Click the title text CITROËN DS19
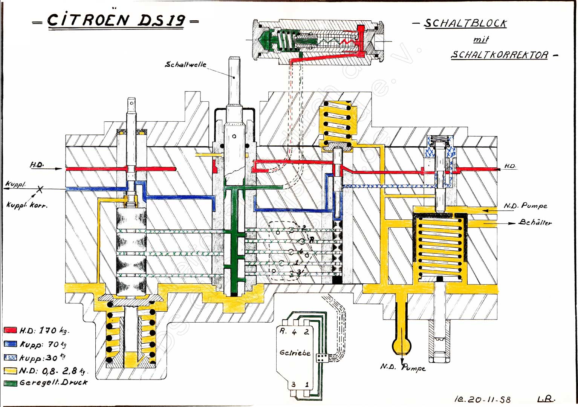tap(116, 20)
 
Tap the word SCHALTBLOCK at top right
tap(465, 23)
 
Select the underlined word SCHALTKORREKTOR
tap(500, 55)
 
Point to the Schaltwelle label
tap(186, 64)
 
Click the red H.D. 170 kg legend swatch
tap(10, 330)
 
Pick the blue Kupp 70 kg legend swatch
tap(10, 344)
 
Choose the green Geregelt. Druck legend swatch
tap(10, 383)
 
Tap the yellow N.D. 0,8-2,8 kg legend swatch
tap(10, 371)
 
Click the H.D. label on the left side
tap(37, 165)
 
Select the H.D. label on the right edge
tap(510, 166)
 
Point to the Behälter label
tap(535, 222)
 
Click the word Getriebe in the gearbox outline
tap(295, 353)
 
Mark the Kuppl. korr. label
tap(26, 205)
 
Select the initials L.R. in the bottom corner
tap(546, 398)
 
